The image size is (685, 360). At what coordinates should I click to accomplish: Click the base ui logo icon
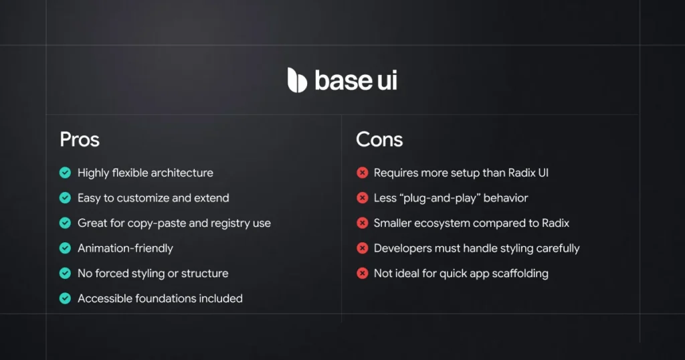[297, 80]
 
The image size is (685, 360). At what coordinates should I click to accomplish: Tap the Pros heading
[80, 139]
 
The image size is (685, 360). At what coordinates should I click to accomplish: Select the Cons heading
[379, 139]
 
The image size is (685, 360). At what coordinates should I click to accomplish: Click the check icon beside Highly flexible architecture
[65, 173]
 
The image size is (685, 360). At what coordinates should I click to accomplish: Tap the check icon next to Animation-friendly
[65, 248]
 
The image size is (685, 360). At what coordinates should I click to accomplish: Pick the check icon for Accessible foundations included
[65, 298]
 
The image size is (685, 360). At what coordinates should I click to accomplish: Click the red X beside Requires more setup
[362, 173]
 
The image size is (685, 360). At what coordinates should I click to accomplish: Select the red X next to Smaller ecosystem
[362, 223]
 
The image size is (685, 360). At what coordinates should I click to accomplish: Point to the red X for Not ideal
[362, 273]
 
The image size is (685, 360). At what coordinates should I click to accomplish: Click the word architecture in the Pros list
[182, 173]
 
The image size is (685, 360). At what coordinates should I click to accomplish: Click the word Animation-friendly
[125, 248]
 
